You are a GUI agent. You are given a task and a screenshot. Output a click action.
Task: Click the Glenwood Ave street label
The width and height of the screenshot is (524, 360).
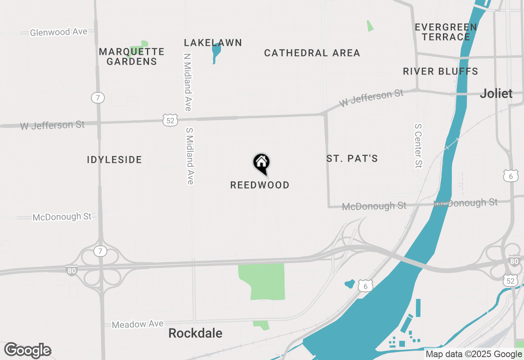(59, 32)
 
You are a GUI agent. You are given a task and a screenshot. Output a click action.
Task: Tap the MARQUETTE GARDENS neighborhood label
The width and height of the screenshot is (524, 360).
(131, 57)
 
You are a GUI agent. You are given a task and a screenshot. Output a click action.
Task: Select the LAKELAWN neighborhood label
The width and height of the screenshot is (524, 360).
(213, 43)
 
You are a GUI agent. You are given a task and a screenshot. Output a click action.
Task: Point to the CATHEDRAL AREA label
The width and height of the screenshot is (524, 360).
(312, 53)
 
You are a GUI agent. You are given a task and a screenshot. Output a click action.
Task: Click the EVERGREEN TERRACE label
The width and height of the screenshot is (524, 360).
(446, 32)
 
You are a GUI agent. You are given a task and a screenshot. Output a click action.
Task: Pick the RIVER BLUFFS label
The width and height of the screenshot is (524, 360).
(440, 72)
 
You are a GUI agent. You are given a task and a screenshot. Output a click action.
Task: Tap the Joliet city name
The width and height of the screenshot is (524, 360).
(496, 94)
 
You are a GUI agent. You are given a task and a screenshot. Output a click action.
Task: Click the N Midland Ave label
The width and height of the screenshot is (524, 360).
(187, 82)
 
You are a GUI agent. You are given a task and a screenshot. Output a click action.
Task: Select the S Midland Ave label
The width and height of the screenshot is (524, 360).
(190, 156)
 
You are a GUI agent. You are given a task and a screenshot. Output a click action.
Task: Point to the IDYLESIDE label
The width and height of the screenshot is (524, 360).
(114, 160)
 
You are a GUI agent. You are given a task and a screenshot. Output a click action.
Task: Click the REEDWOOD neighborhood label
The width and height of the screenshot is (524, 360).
(260, 185)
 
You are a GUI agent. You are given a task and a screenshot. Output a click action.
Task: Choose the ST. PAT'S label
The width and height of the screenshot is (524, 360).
(352, 159)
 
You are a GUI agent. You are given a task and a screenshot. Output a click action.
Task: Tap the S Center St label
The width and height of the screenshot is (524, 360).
(418, 146)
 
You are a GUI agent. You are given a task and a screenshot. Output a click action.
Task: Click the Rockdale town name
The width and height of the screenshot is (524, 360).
(195, 333)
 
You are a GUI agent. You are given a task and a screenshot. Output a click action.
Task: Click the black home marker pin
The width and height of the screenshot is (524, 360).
(261, 163)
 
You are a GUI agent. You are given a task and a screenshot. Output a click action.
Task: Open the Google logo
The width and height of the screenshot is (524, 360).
(27, 351)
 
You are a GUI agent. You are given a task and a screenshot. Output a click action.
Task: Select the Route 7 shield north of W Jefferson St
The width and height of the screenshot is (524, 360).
(97, 98)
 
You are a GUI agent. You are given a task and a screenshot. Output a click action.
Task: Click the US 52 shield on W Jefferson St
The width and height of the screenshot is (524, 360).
(170, 120)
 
